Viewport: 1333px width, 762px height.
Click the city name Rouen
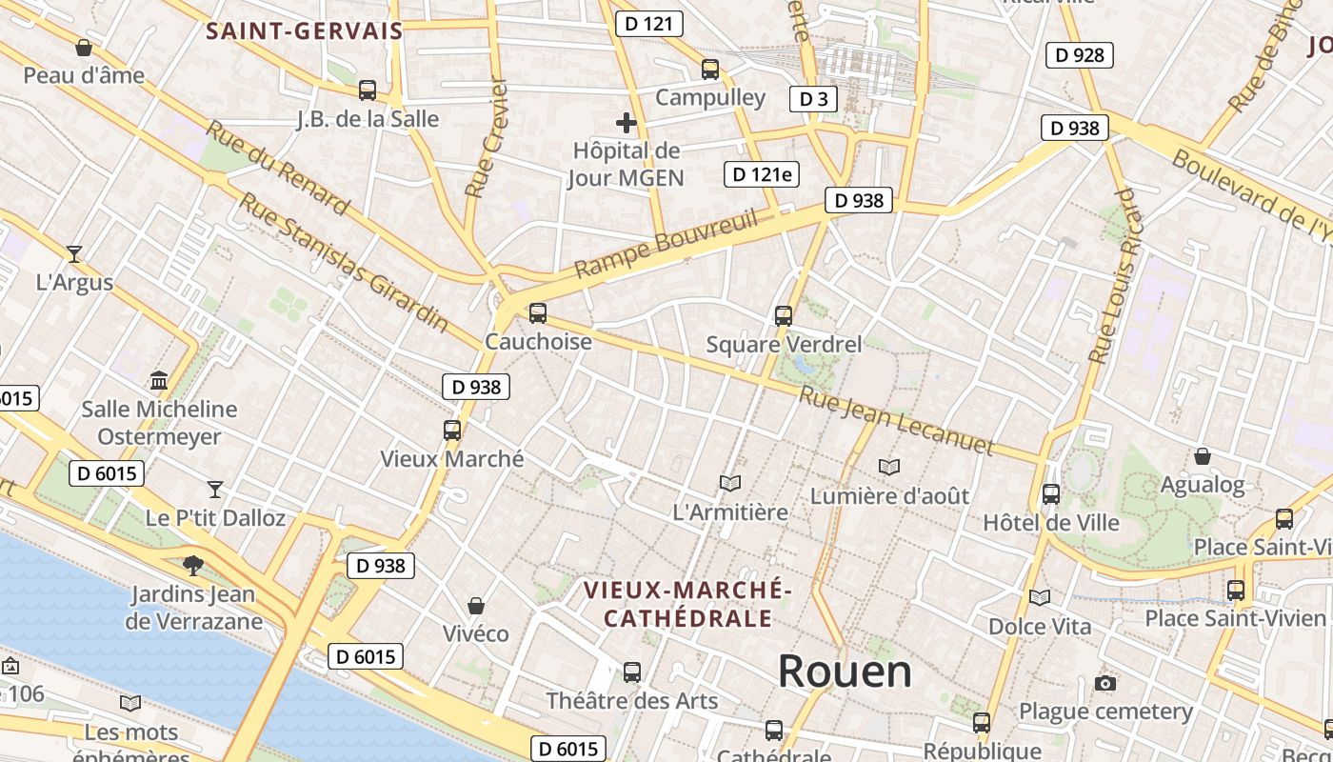coord(845,672)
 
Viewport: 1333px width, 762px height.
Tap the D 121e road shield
coord(761,174)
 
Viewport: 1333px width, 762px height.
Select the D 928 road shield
coord(1080,55)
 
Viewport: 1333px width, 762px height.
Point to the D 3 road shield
coord(812,98)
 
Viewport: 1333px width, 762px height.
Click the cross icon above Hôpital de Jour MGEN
coord(626,123)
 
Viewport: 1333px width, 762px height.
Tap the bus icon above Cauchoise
coord(538,312)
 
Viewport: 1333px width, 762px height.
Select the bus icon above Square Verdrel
coord(784,315)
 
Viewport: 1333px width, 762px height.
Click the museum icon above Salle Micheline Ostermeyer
coord(159,381)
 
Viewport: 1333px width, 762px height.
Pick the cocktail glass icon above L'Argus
coord(74,253)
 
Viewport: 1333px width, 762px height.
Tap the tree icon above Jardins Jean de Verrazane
coord(193,565)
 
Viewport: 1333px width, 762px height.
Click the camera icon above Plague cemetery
coord(1104,683)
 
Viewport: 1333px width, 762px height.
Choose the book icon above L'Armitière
coord(730,484)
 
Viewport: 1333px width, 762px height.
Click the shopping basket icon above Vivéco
coord(475,606)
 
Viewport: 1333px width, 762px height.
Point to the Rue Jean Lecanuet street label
coord(895,420)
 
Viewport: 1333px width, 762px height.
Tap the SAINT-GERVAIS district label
coord(305,30)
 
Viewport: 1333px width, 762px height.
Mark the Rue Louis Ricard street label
coord(1114,276)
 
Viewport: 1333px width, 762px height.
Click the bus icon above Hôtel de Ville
coord(1051,494)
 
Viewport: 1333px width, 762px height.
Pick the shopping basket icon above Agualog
coord(1202,456)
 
